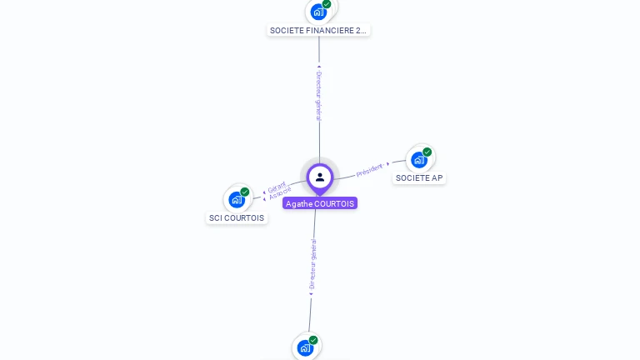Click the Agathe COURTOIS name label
click(x=320, y=203)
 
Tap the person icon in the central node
click(x=320, y=177)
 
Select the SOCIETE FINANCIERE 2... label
click(x=318, y=31)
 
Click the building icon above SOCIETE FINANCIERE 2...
click(x=317, y=12)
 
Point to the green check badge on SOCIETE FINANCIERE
click(x=327, y=4)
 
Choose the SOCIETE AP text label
click(x=419, y=178)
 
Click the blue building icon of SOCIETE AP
click(x=418, y=160)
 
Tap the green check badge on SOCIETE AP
click(x=427, y=152)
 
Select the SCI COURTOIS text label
click(x=237, y=218)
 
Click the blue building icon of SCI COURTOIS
click(x=237, y=200)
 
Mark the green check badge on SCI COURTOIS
click(x=245, y=192)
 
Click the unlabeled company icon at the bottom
click(x=304, y=347)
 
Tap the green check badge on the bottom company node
click(x=313, y=340)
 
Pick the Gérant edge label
click(x=277, y=187)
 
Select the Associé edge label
click(x=280, y=194)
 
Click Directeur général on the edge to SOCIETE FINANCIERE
click(x=318, y=95)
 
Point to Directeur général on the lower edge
click(x=312, y=264)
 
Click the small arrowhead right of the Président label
click(x=388, y=164)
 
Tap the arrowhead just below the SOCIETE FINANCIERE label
click(x=319, y=66)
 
